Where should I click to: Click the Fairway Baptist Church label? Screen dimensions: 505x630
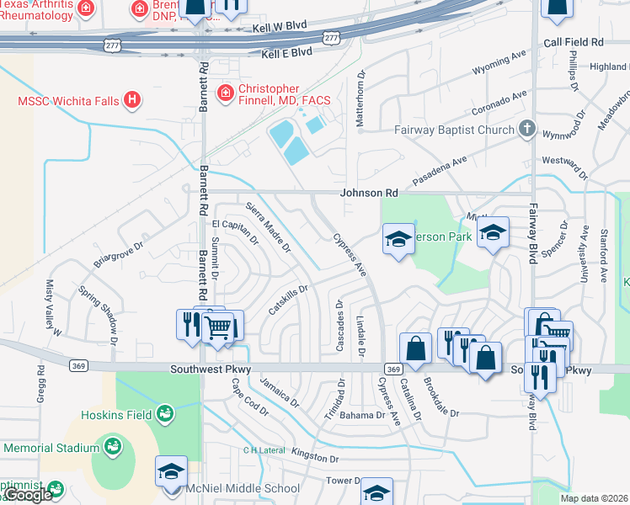click(x=454, y=130)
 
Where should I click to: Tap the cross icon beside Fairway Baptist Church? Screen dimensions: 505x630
click(x=527, y=130)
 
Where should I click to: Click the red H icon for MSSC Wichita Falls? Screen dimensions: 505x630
click(x=131, y=101)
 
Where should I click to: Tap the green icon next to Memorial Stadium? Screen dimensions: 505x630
click(x=111, y=445)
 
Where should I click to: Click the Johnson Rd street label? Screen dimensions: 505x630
click(x=368, y=193)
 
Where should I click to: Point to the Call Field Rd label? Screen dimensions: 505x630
click(x=574, y=41)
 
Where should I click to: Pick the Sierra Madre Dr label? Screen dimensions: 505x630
click(x=268, y=227)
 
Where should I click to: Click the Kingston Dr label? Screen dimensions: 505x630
click(x=314, y=455)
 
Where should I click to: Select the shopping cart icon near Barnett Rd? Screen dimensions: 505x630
click(x=219, y=327)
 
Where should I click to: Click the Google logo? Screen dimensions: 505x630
click(x=28, y=495)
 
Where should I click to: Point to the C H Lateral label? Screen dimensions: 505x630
click(x=263, y=450)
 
